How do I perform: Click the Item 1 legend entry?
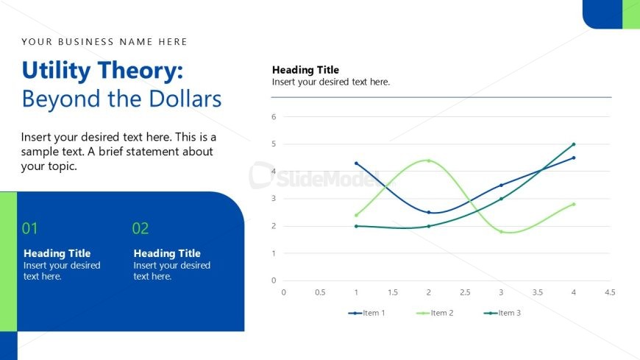point(366,313)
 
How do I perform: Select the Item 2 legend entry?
point(435,313)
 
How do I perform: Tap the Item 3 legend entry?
point(502,313)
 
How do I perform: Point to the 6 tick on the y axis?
point(274,117)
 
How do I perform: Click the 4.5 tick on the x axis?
point(610,292)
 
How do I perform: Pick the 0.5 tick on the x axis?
point(320,292)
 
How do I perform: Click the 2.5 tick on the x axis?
point(465,292)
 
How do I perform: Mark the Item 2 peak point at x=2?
point(429,160)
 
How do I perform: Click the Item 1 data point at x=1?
point(356,163)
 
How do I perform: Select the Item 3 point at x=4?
point(574,144)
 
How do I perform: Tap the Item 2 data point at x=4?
point(574,205)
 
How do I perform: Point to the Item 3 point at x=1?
point(356,226)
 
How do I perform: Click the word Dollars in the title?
point(185,99)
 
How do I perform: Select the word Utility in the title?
point(56,71)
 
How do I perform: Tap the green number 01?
point(30,228)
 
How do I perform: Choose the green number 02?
point(141,228)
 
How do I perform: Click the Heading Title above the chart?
point(306,70)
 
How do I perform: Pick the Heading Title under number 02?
point(167,253)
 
